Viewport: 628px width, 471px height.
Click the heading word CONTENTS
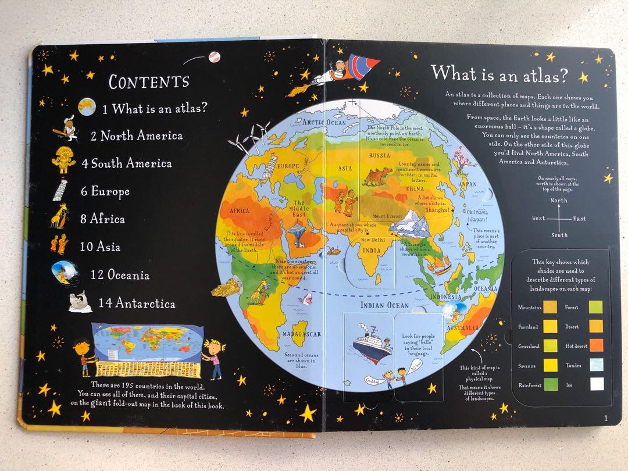(149, 81)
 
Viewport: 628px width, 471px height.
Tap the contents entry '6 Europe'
(104, 191)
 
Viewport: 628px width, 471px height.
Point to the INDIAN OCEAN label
(385, 305)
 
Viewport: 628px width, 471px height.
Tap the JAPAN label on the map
(468, 184)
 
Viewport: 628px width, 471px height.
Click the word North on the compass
(559, 201)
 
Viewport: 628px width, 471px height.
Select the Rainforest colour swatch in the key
(550, 384)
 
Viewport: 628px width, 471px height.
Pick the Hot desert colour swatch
(597, 345)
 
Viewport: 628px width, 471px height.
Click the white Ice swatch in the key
(597, 384)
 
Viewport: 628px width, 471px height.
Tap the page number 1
(605, 418)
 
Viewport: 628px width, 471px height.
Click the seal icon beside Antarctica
(79, 302)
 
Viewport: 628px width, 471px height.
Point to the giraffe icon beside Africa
(60, 218)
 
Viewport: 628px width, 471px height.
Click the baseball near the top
(215, 57)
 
